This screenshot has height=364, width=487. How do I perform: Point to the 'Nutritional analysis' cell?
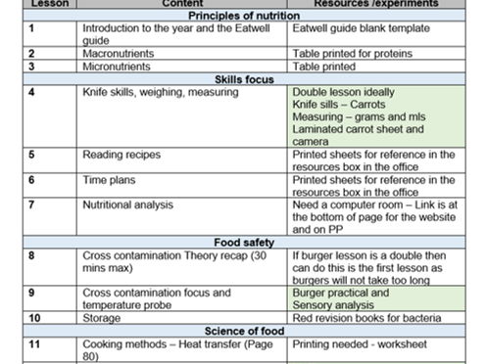click(x=128, y=205)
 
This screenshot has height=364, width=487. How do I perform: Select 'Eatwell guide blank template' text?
click(x=361, y=28)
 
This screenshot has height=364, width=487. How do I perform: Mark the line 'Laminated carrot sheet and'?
click(x=358, y=129)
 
